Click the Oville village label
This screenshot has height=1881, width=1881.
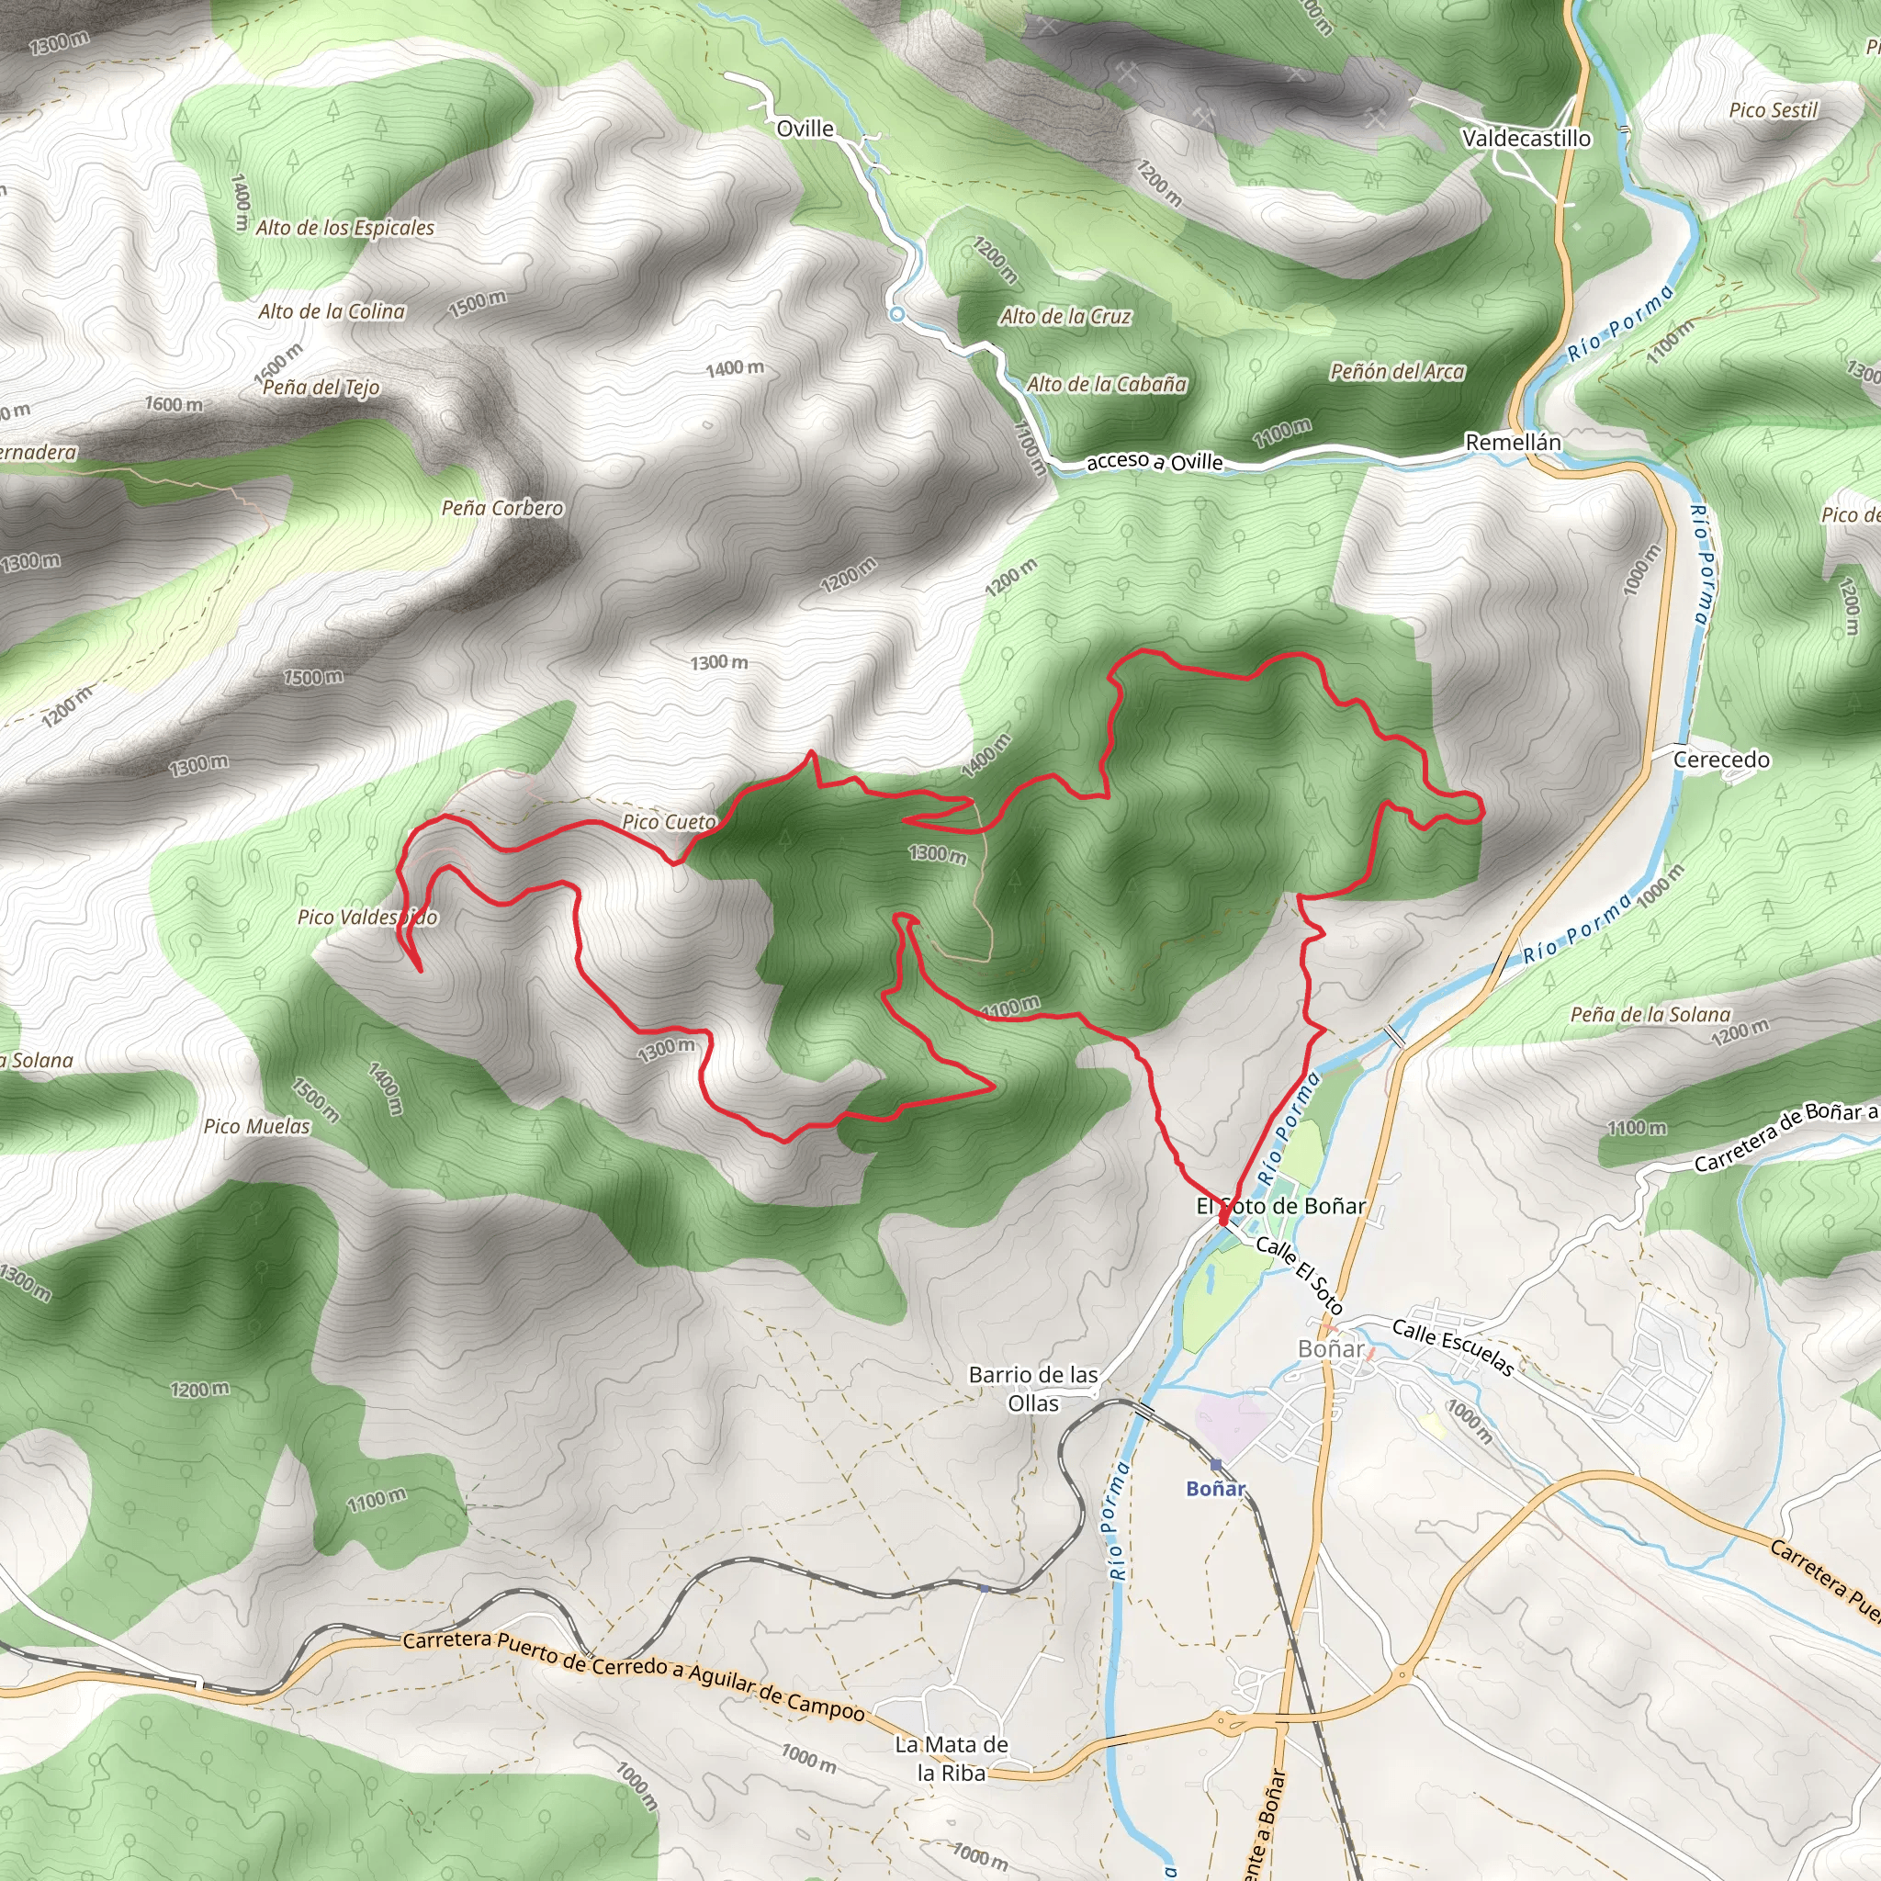805,129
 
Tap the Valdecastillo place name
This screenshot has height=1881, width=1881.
1526,139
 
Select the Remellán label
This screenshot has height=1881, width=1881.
1513,442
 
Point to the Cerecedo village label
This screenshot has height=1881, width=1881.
1721,760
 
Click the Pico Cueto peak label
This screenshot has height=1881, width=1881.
669,822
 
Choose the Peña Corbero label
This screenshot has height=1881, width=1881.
502,508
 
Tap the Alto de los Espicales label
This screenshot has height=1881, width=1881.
344,228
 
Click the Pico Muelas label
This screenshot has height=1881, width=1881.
257,1126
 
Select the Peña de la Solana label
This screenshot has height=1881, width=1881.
1650,1015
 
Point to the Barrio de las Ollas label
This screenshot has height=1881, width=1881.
1033,1389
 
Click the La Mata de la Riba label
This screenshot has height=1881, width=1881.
952,1758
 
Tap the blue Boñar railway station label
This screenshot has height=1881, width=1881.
1215,1488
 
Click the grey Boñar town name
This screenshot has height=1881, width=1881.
1331,1348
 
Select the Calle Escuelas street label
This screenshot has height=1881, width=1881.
1452,1347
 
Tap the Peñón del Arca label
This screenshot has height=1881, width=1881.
1397,372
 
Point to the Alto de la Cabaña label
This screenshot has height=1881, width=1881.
1107,385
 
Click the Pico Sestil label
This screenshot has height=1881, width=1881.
1773,110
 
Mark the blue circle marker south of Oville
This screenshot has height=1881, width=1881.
896,314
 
